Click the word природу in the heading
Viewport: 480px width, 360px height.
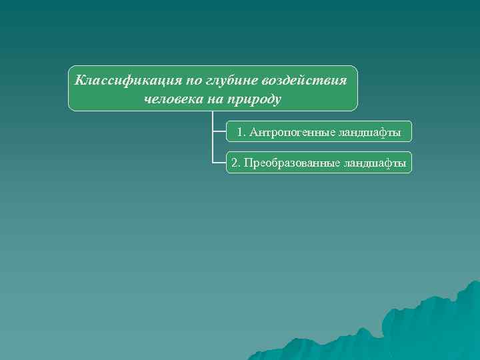pos(257,100)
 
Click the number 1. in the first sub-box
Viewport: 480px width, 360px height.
pos(241,133)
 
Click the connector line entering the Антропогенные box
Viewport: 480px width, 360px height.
pos(219,131)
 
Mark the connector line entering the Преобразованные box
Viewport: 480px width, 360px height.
pos(219,162)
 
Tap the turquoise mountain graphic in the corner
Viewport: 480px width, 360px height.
pos(427,327)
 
